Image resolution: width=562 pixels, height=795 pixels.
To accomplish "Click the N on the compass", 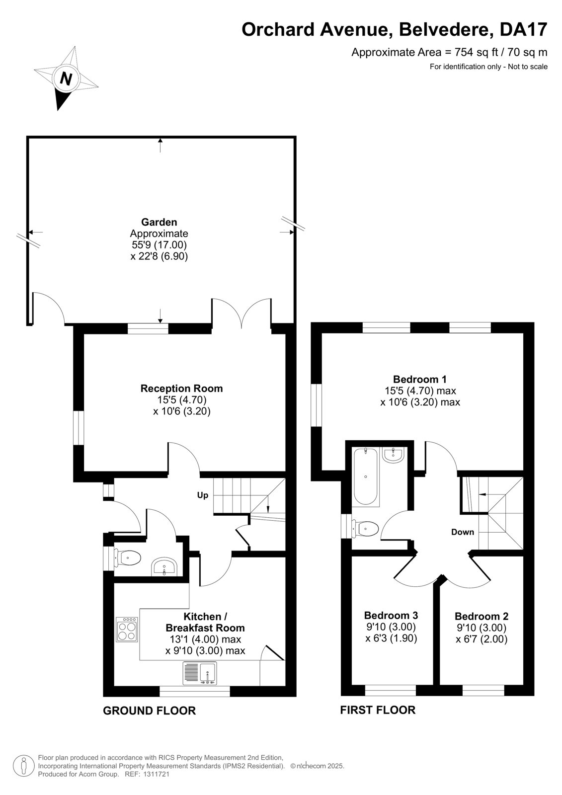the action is click(65, 78).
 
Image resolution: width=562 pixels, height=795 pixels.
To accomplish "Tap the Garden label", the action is click(159, 222).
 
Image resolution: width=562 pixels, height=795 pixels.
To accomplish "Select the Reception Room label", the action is click(182, 388).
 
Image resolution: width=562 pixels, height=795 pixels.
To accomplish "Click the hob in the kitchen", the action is click(127, 629).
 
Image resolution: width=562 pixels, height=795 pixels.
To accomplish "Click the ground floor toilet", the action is click(127, 558).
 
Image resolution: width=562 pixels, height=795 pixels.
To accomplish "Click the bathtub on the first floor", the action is click(366, 477).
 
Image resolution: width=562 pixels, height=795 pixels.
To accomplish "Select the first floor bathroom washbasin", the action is click(393, 455).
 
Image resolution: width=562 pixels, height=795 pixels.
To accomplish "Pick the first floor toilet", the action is click(365, 529).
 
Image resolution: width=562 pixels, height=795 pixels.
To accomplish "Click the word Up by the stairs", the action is click(203, 495).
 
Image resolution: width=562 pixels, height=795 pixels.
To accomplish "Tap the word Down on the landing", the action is click(463, 532).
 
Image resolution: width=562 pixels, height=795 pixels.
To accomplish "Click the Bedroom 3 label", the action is click(391, 615).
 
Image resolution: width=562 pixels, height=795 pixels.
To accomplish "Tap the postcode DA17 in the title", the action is click(523, 29).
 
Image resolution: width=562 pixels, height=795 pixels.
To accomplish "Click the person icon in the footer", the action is click(24, 766).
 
